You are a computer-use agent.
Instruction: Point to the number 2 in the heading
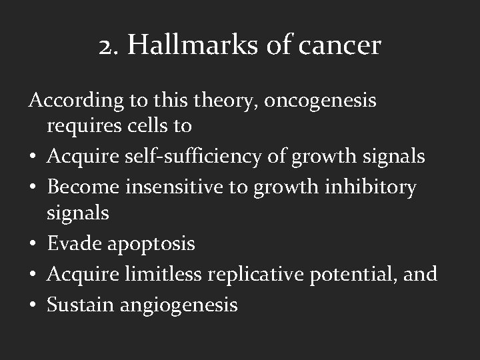[105, 46]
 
